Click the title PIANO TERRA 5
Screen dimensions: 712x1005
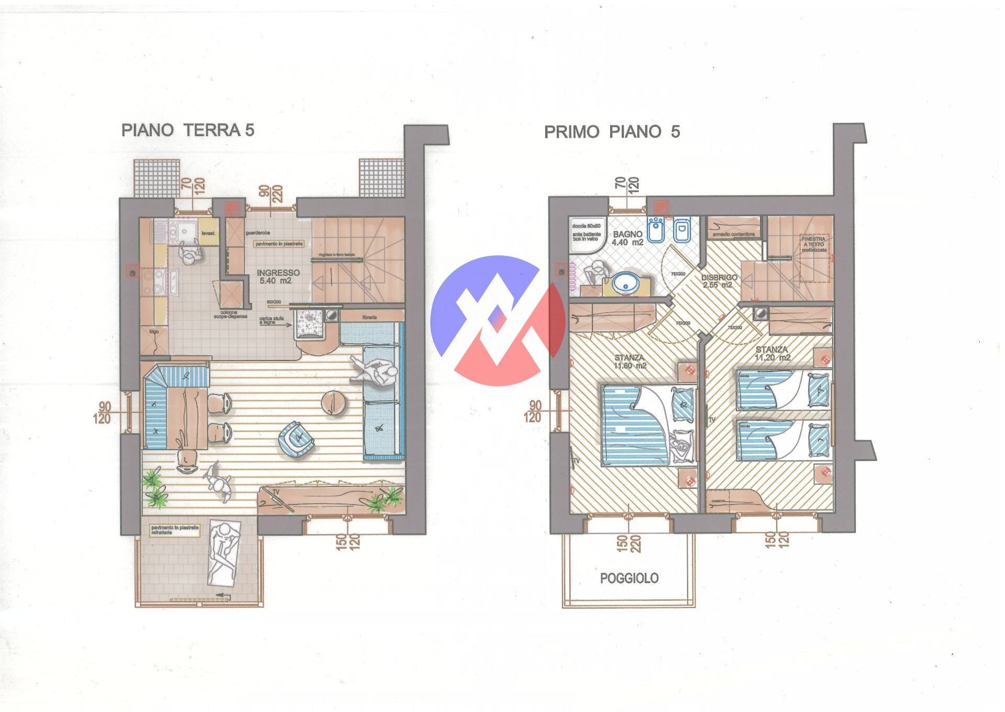coord(187,130)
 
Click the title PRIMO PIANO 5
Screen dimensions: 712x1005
coord(612,132)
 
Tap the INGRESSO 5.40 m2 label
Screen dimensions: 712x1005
coord(278,277)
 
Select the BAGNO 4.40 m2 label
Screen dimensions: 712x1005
coord(628,239)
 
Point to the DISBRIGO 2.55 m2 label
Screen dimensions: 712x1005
coord(719,281)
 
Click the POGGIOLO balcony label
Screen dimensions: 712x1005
coord(629,578)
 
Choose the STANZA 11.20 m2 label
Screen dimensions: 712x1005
coord(772,353)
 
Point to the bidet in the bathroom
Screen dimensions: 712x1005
coord(655,231)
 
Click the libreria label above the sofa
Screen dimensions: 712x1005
coord(369,317)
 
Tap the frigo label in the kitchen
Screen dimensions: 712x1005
coord(153,332)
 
